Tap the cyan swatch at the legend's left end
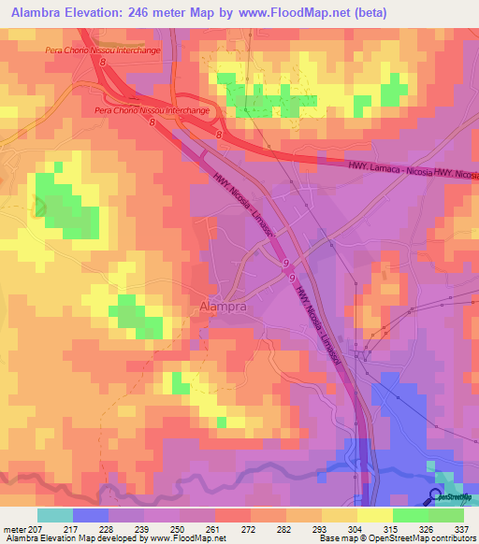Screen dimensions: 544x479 pyautogui.click(x=54, y=514)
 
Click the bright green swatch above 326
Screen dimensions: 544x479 pyautogui.click(x=411, y=514)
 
